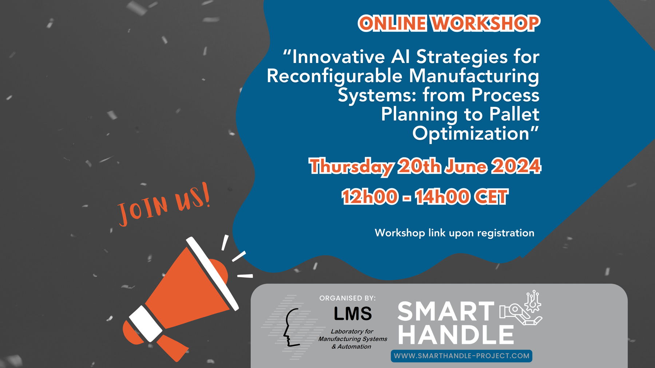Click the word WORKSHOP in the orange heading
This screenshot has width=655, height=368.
click(485, 23)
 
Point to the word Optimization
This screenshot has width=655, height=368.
click(471, 133)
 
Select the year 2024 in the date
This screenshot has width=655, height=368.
click(516, 166)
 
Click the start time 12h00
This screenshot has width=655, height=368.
click(369, 197)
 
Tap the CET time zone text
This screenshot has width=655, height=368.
click(491, 197)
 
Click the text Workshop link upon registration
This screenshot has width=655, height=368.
click(454, 233)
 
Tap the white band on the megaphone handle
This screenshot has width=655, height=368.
click(146, 323)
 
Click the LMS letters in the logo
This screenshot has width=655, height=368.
click(353, 313)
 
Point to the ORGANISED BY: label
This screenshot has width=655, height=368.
click(348, 298)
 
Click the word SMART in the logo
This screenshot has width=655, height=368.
click(446, 312)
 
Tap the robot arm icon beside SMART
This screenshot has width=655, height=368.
click(521, 308)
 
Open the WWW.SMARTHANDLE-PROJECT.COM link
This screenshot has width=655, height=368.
click(461, 356)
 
